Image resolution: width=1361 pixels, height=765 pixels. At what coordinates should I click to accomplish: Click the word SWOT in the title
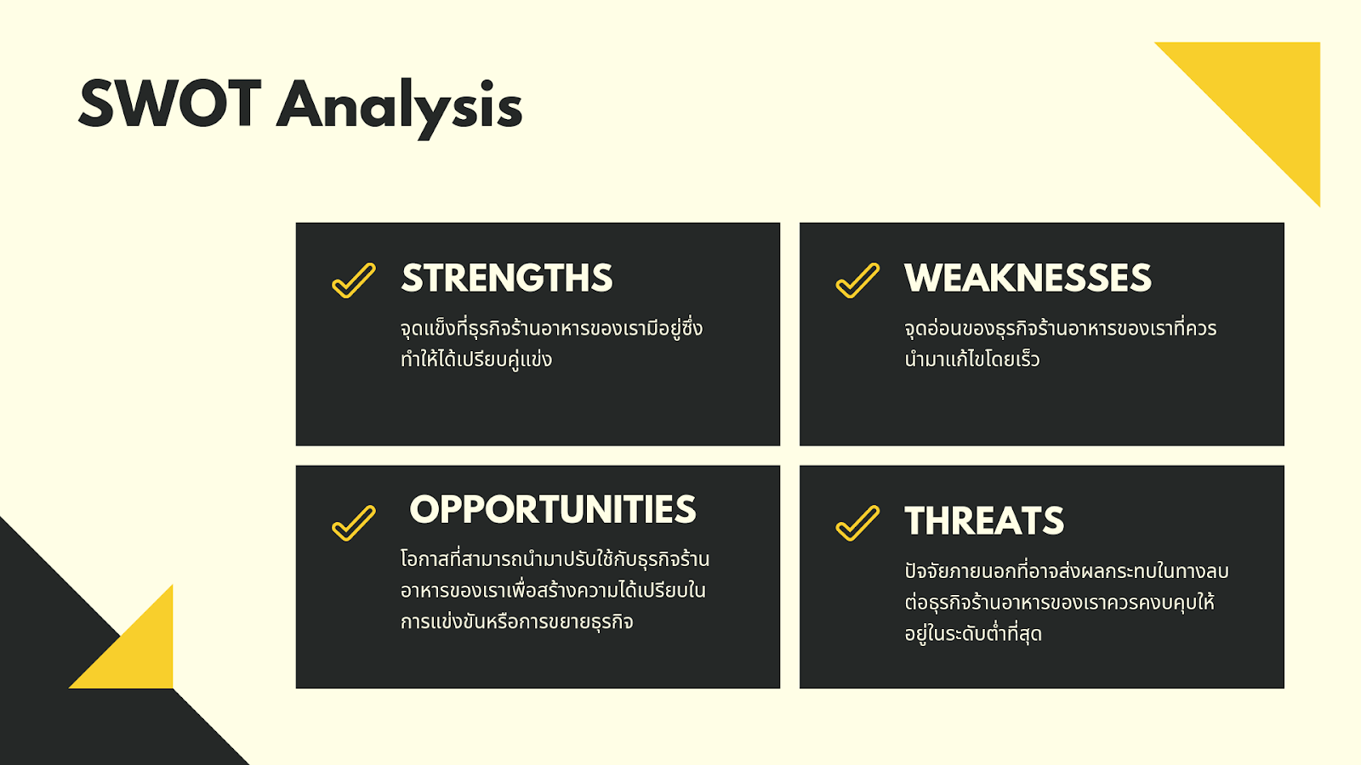[x=170, y=103]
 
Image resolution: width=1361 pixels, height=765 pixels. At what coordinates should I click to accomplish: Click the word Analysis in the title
[x=399, y=108]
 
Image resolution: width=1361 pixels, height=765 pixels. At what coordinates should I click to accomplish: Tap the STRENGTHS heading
[x=507, y=278]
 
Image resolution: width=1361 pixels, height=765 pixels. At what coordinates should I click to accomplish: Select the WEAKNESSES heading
[x=1028, y=278]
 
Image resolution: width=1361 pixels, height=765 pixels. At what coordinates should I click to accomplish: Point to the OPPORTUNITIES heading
[x=553, y=509]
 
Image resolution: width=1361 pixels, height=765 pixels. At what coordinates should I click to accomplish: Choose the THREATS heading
[x=984, y=521]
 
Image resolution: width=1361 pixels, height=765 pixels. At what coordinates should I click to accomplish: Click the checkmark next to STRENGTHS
[x=354, y=280]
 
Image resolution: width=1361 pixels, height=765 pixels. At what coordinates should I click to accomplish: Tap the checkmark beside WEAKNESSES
[x=857, y=280]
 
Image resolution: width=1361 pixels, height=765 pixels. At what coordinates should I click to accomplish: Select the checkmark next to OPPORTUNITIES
[x=354, y=523]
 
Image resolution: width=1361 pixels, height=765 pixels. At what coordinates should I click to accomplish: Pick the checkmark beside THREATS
[x=857, y=523]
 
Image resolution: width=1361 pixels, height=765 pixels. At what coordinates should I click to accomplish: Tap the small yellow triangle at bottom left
[x=139, y=654]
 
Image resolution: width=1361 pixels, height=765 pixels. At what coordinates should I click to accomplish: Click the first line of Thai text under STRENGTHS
[x=552, y=328]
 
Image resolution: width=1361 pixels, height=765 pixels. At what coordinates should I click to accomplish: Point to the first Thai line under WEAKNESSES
[x=1060, y=328]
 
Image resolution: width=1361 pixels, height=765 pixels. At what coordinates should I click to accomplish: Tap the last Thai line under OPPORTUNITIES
[x=517, y=621]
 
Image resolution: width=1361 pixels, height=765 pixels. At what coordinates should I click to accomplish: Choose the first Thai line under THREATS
[x=1067, y=570]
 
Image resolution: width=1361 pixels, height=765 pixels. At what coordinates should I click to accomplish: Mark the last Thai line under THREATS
[x=973, y=634]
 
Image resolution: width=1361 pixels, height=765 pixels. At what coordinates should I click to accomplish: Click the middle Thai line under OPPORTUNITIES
[x=553, y=590]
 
